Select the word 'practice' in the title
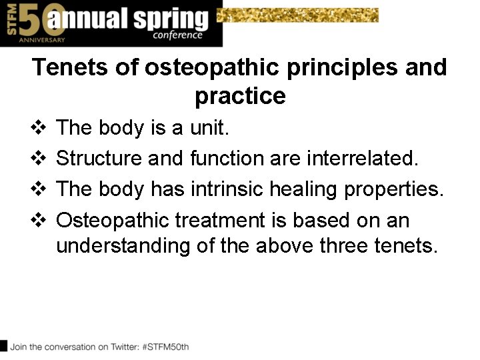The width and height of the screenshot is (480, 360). (240, 97)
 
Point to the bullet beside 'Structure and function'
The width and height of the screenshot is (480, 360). (39, 159)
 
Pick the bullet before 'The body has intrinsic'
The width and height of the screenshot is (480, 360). (39, 189)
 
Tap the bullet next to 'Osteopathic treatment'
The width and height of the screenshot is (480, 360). (39, 220)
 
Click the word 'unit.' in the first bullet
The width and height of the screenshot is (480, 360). (210, 128)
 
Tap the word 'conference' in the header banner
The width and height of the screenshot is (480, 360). (177, 35)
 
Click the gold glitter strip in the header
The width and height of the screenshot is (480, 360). (300, 15)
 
